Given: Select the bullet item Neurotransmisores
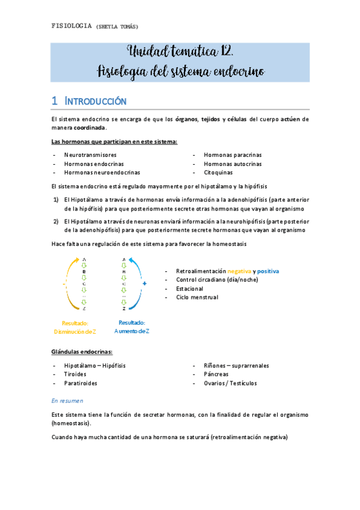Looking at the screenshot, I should click(x=90, y=155).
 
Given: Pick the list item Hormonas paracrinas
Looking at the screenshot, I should click(x=233, y=155).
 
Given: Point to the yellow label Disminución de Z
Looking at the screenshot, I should click(x=75, y=331).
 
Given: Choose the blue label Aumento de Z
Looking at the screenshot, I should click(x=132, y=331).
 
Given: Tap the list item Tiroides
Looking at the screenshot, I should click(x=76, y=373).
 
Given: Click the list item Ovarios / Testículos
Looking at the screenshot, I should click(x=231, y=382).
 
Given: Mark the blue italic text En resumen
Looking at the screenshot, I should click(x=68, y=400).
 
